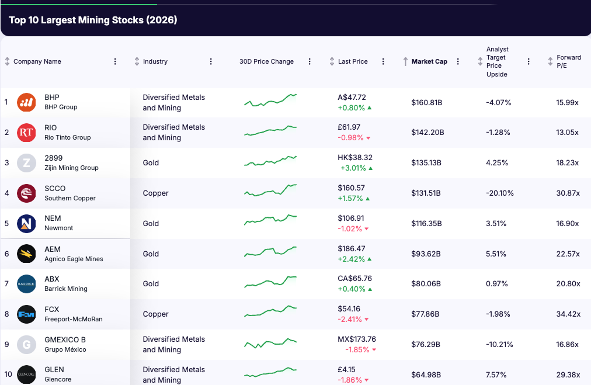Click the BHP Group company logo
tap(26, 102)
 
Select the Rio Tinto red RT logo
tap(26, 133)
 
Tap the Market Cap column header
tap(429, 61)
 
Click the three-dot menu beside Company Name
tap(115, 61)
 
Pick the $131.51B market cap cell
tap(426, 193)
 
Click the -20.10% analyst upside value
tap(500, 193)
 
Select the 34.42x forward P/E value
tap(568, 314)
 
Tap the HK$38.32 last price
tap(355, 158)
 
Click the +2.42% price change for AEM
tap(351, 259)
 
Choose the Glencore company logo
tap(26, 374)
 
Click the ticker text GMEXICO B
tap(65, 339)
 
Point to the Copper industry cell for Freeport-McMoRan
tap(156, 314)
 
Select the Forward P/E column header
tap(568, 61)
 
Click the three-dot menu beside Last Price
tap(383, 61)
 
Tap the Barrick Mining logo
tap(26, 284)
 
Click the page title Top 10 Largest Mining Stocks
tap(93, 20)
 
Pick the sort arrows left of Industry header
tap(137, 61)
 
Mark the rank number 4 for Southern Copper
tap(7, 193)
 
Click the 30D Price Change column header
tap(266, 61)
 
